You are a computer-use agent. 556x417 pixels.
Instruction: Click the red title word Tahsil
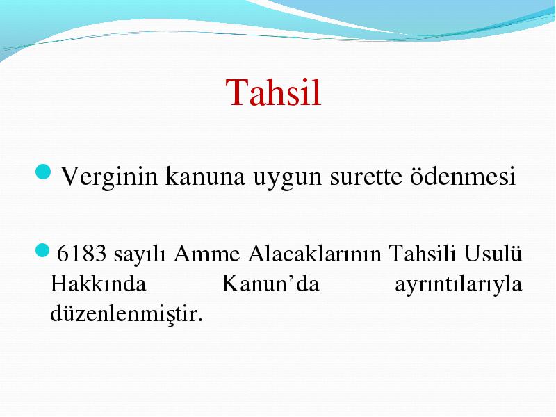pyautogui.click(x=273, y=92)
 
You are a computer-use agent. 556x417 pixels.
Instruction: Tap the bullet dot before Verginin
pyautogui.click(x=44, y=172)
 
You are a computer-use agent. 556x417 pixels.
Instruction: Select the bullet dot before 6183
pyautogui.click(x=42, y=250)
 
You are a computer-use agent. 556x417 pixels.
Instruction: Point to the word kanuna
pyautogui.click(x=205, y=177)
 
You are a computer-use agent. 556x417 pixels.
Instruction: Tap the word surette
pyautogui.click(x=366, y=177)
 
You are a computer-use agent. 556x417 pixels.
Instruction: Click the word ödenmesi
pyautogui.click(x=463, y=176)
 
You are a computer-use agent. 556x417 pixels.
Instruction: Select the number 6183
pyautogui.click(x=81, y=253)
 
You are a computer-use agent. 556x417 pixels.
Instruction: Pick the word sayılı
pyautogui.click(x=140, y=255)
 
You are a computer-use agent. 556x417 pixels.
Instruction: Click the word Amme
pyautogui.click(x=206, y=253)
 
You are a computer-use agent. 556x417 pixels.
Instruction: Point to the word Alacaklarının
pyautogui.click(x=315, y=253)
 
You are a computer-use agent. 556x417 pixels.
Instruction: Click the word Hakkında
pyautogui.click(x=98, y=284)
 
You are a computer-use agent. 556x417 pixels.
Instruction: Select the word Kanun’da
pyautogui.click(x=270, y=284)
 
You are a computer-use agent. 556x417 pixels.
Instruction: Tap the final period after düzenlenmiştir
pyautogui.click(x=200, y=320)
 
